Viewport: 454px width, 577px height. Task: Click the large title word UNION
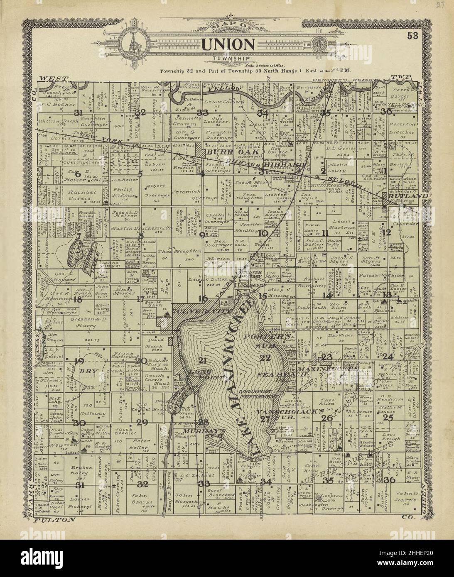(x=228, y=44)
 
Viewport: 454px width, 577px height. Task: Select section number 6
(x=77, y=175)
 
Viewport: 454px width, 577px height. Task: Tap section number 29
(x=142, y=422)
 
